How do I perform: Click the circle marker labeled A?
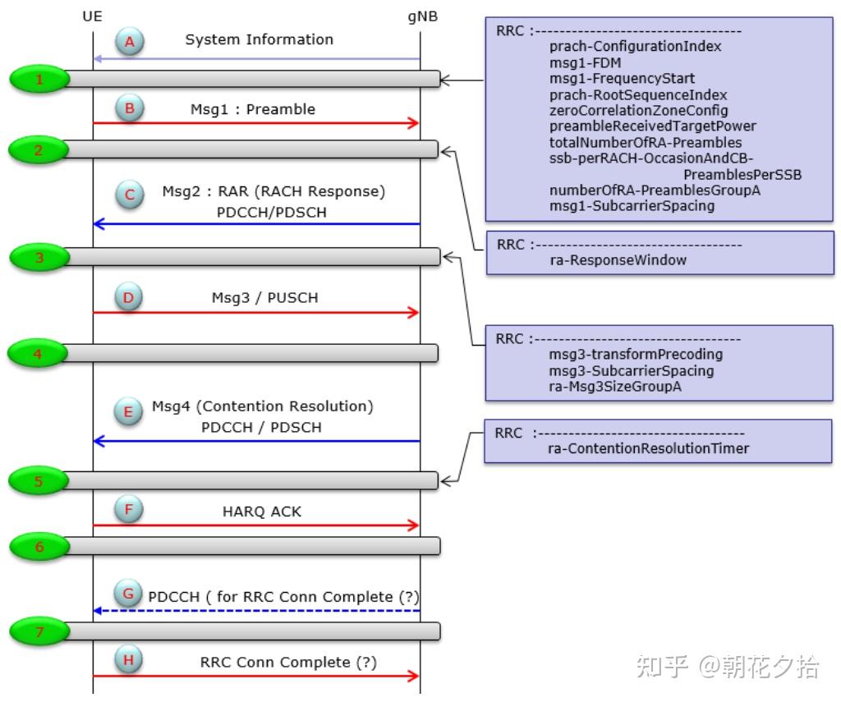coord(129,41)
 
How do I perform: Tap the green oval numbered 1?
coord(39,80)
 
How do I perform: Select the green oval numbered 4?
coord(37,354)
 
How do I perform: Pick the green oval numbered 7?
coord(39,631)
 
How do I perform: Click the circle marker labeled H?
coord(128,659)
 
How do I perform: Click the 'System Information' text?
coord(259,39)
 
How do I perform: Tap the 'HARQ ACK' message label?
coord(262,512)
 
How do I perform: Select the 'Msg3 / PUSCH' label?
coord(264,298)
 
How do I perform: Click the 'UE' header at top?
coord(93,16)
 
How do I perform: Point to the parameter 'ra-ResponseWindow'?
coord(618,260)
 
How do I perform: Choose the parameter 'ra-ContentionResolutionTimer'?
coord(648,448)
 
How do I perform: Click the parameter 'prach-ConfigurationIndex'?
coord(635,47)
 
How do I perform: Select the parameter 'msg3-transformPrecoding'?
coord(636,355)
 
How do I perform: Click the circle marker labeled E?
coord(128,411)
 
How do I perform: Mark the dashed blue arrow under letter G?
coord(256,611)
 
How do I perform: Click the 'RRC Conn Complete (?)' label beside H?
coord(288,662)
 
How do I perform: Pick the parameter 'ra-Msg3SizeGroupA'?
coord(615,387)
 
